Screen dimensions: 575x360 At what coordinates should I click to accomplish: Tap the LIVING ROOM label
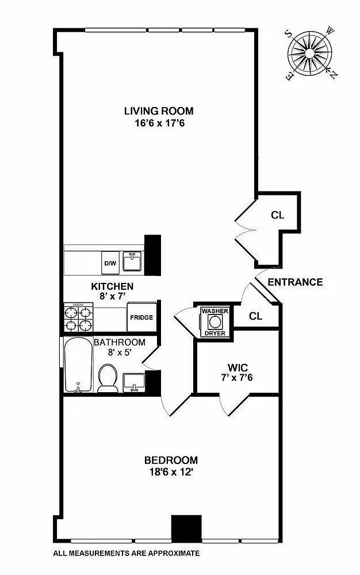(x=159, y=111)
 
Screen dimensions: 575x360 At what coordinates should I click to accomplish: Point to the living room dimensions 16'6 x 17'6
(x=159, y=122)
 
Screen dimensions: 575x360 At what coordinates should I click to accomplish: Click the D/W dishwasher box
(x=109, y=263)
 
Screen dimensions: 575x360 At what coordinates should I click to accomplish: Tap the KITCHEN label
(x=112, y=286)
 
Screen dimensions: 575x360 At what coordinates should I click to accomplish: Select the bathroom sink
(x=133, y=381)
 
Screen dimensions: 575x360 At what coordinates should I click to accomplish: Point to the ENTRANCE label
(x=295, y=282)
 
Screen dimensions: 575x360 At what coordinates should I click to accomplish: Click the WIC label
(x=237, y=367)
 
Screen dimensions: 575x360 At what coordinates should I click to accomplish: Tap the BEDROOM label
(x=171, y=460)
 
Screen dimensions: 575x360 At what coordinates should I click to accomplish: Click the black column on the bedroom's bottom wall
(x=186, y=527)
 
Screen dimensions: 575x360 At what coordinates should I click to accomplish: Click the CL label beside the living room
(x=278, y=216)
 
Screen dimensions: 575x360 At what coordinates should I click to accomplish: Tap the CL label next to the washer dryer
(x=256, y=316)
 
